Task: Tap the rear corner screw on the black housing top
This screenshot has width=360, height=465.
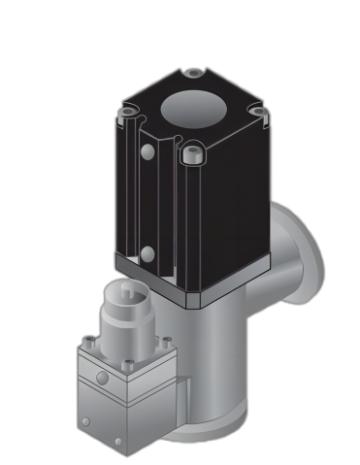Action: click(x=195, y=73)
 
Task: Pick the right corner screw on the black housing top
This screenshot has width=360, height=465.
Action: click(x=257, y=112)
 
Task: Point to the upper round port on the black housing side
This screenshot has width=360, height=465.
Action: click(x=147, y=152)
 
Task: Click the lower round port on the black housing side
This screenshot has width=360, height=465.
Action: click(x=147, y=254)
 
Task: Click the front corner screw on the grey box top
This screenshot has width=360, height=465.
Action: click(x=126, y=366)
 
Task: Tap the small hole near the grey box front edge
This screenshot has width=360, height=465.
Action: click(x=118, y=442)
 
